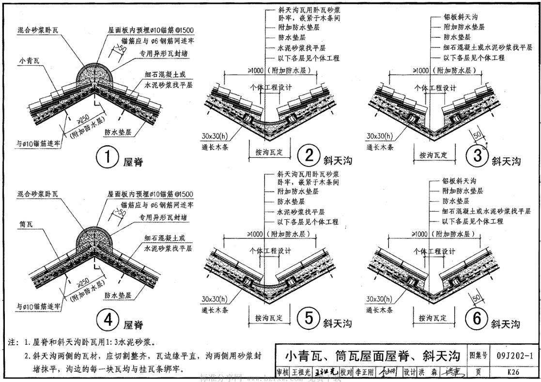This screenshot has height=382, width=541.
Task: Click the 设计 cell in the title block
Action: coord(410,372)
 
